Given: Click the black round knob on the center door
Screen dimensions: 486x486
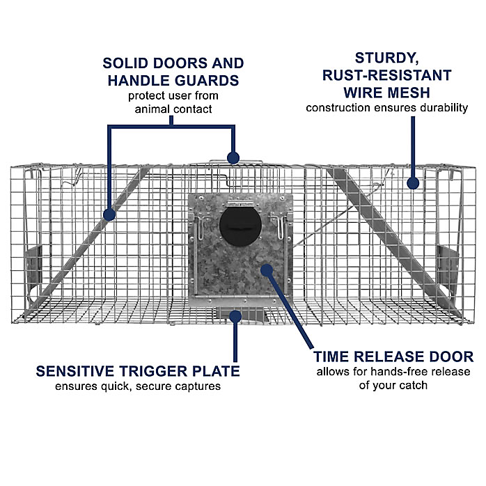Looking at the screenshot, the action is pos(240,226).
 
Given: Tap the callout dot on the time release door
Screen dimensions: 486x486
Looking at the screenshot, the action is pos(267,270).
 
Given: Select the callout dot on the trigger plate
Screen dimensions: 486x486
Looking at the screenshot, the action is pos(235,317).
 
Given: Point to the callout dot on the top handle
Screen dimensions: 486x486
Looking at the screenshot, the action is pos(233,158).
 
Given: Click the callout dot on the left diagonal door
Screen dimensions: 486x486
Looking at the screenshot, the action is pos(109,214).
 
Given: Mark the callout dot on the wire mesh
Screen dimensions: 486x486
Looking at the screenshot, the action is pos(413,183).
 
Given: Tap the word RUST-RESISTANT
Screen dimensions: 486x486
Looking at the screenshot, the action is pos(387,75).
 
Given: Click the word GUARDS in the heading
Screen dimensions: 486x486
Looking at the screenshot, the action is pos(207,81).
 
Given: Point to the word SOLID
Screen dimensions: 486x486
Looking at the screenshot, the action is pos(125,63).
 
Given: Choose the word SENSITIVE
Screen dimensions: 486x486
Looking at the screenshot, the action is pos(76,371).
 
